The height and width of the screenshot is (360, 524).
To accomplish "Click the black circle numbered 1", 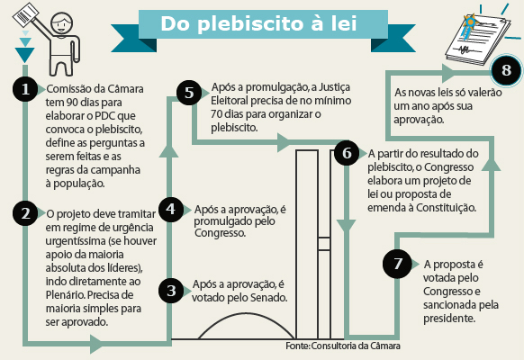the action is tap(25, 89).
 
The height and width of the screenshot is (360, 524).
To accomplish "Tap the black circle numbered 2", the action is tap(25, 213).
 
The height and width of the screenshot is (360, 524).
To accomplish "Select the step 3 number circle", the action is tap(171, 291).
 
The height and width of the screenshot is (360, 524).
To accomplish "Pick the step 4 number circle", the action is tap(171, 210).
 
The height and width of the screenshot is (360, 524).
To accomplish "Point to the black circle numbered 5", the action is tap(189, 93).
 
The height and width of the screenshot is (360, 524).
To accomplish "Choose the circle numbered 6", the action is tap(347, 153).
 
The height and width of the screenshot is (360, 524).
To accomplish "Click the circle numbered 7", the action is tap(397, 264).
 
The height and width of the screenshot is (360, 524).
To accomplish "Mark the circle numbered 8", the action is tap(506, 70).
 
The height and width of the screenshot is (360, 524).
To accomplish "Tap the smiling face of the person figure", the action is tap(61, 23).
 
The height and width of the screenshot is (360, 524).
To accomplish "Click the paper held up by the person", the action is tap(26, 15).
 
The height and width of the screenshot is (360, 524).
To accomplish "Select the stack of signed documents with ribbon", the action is tap(478, 40).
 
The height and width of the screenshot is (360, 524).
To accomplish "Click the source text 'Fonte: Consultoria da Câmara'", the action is tap(343, 346).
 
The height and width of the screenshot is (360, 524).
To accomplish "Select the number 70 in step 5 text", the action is tap(217, 114).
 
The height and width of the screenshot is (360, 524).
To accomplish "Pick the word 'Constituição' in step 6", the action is tap(446, 208).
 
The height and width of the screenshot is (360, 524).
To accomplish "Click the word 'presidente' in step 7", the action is tap(449, 319).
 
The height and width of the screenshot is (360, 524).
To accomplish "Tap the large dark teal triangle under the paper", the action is tap(24, 54).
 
